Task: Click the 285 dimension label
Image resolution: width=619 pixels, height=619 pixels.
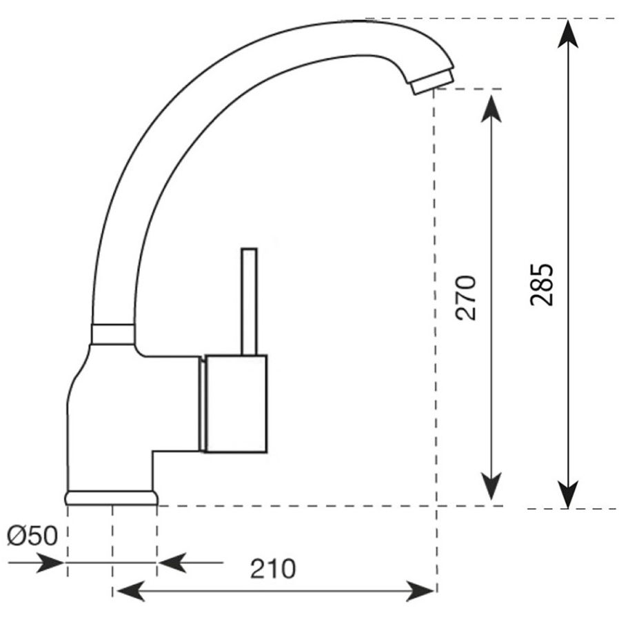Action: click(541, 284)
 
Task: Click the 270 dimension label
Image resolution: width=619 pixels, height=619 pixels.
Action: click(466, 298)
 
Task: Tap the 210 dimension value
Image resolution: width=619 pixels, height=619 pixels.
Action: click(272, 569)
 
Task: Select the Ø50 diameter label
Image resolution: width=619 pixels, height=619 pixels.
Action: click(32, 536)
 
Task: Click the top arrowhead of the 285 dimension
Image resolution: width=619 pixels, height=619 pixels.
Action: click(568, 34)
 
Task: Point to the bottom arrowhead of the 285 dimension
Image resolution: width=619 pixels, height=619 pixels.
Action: click(568, 494)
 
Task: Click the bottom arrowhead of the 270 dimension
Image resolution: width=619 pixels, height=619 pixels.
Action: click(491, 486)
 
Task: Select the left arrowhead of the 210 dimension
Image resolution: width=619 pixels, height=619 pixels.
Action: click(131, 591)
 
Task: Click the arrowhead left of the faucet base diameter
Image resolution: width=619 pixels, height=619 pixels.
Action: click(50, 562)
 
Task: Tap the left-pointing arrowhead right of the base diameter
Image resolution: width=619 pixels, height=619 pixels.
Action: click(172, 562)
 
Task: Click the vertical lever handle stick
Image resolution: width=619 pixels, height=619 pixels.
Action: click(249, 302)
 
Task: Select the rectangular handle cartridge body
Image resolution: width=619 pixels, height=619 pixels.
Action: click(236, 403)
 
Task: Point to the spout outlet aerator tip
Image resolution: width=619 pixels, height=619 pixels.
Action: click(433, 81)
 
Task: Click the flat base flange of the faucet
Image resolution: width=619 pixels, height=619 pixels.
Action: click(112, 498)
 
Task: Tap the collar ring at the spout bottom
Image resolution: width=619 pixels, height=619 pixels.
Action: click(113, 334)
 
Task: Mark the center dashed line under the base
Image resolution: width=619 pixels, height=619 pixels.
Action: click(112, 551)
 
